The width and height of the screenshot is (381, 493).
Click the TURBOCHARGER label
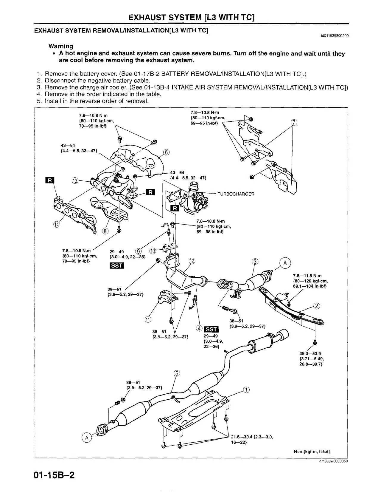point(236,194)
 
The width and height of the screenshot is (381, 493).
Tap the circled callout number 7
point(294,122)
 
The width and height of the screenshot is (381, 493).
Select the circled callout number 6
point(167,153)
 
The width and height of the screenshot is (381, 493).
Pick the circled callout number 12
point(192,261)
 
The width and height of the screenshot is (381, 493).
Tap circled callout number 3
point(255,262)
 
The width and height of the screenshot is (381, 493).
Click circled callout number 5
point(177,373)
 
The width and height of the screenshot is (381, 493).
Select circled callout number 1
point(246,390)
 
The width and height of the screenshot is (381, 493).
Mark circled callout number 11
point(148,320)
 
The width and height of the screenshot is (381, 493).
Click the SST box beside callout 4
point(212,329)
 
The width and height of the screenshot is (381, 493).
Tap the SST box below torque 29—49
point(117,265)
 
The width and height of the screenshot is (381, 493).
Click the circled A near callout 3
point(285,263)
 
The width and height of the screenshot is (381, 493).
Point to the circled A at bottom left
point(86,438)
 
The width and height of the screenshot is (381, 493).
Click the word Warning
point(61,46)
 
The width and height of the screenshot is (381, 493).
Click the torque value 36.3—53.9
point(310,354)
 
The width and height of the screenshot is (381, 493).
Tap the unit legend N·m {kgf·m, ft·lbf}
point(312,451)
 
